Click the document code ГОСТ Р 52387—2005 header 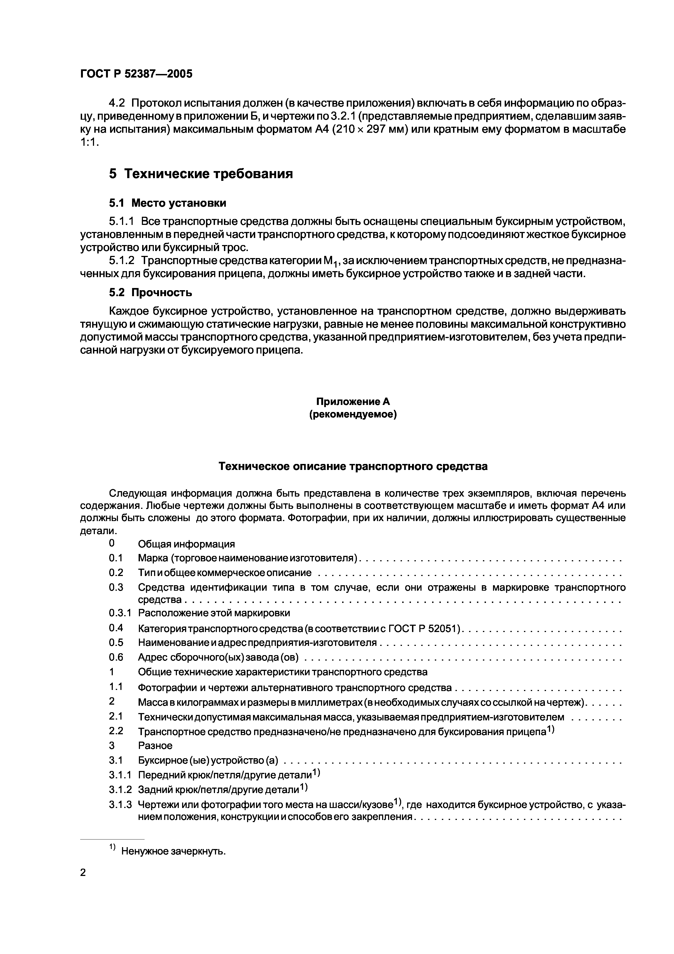136,74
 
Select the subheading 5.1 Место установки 167,203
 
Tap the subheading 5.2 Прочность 150,293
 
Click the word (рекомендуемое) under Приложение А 353,415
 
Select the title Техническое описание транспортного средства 353,467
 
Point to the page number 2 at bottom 83,873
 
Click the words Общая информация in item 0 186,544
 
